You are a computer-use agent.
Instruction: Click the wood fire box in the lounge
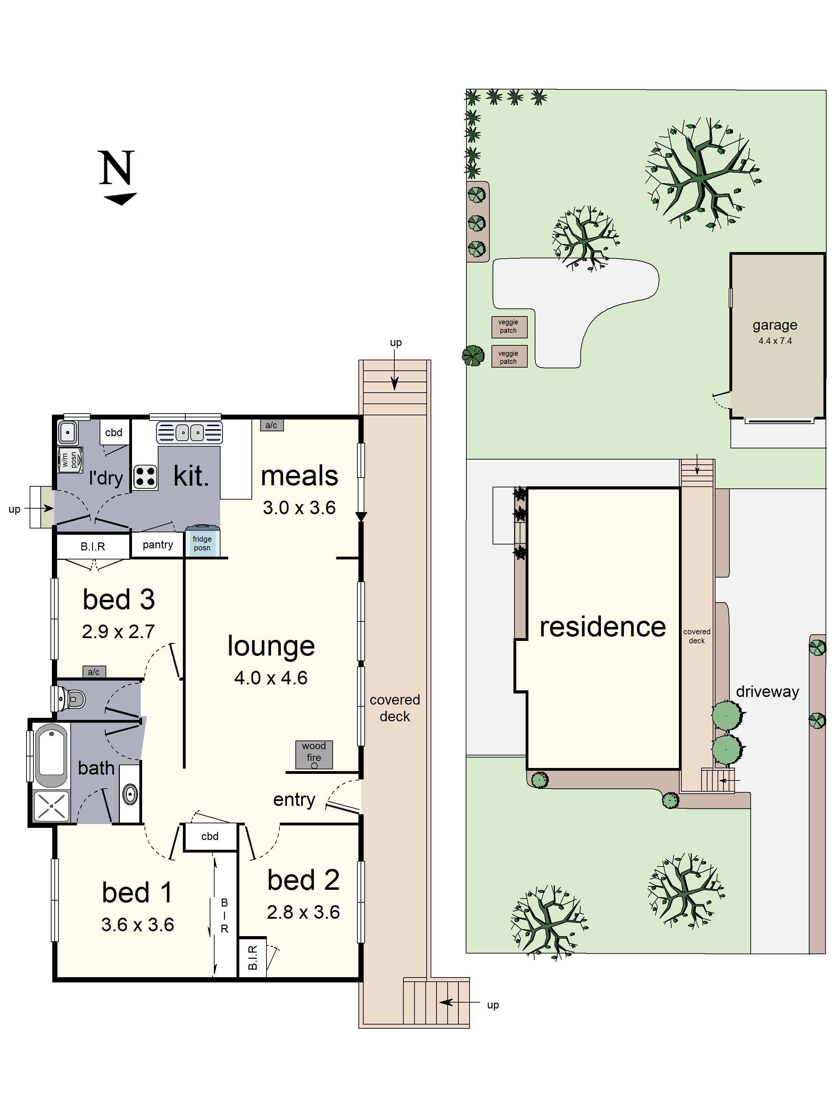pos(313,754)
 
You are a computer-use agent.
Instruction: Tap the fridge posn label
pos(202,543)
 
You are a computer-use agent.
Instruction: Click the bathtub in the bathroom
pos(51,755)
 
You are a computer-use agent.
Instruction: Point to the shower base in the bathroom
pos(51,805)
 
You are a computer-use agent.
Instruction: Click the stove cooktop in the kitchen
pos(145,477)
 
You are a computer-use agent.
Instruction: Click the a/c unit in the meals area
pos(272,425)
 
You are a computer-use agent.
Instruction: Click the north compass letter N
pos(117,168)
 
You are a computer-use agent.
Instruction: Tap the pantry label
pos(158,544)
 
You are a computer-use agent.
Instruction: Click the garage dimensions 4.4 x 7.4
pos(775,341)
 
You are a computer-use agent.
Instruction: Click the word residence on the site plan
pos(603,627)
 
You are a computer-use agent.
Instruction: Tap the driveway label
pos(767,691)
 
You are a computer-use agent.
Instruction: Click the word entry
pos(294,800)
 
